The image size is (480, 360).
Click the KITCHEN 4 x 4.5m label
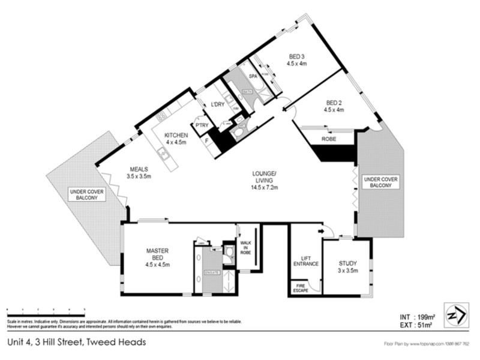click(176, 139)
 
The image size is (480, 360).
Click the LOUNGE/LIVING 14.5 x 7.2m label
click(263, 180)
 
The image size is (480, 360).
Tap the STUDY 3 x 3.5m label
click(347, 266)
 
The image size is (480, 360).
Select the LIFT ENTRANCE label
click(305, 261)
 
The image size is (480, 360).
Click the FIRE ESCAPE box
click(299, 288)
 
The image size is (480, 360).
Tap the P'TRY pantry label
click(201, 125)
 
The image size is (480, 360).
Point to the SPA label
click(244, 76)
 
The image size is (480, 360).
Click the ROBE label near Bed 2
click(328, 139)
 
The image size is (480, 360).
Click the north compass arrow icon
click(454, 314)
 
